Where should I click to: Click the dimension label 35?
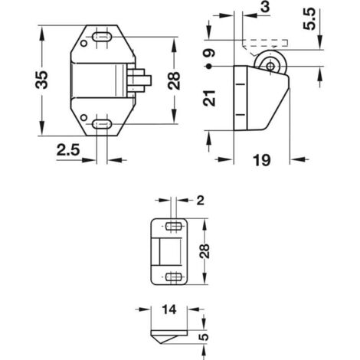pyautogui.click(x=41, y=80)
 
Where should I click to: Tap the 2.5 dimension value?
pyautogui.click(x=68, y=150)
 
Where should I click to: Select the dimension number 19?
pyautogui.click(x=261, y=160)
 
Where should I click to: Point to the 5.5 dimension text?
pyautogui.click(x=309, y=19)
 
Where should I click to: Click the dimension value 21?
pyautogui.click(x=209, y=98)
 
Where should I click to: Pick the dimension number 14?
pyautogui.click(x=169, y=309)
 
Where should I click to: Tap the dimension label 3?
pyautogui.click(x=265, y=7)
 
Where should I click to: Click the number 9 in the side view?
pyautogui.click(x=209, y=54)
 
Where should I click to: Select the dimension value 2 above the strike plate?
pyautogui.click(x=201, y=201)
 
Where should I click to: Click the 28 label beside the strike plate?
pyautogui.click(x=205, y=251)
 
